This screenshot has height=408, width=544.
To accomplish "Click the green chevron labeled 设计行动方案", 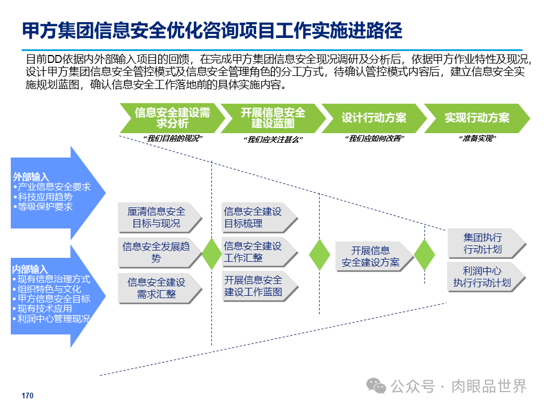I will [374, 118].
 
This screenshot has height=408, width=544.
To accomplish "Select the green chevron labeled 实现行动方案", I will [477, 118].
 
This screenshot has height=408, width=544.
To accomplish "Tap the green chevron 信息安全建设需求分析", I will [172, 118].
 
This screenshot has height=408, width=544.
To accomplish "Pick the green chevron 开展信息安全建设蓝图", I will [273, 118].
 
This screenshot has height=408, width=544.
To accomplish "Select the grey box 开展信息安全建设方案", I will [372, 257].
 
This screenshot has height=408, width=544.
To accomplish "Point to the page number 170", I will [27, 396].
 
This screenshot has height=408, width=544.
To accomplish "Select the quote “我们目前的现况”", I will [172, 139].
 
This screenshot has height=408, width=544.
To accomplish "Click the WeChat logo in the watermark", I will [376, 386].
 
